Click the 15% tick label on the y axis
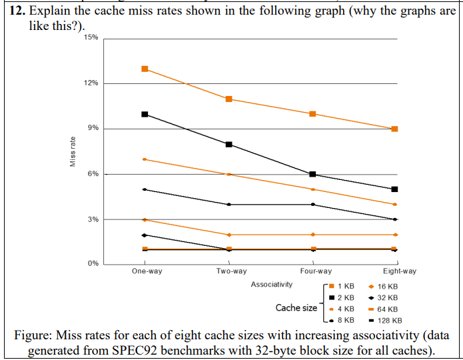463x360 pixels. point(91,37)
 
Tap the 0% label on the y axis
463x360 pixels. point(93,264)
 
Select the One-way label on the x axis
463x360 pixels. point(147,271)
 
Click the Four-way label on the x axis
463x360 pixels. point(315,271)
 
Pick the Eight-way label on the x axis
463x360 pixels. point(400,271)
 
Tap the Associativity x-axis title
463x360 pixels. point(271,285)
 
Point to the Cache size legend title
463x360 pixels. point(296,308)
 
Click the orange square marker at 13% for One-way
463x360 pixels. point(145,69)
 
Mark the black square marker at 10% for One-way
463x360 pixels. point(145,115)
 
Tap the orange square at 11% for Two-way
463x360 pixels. point(229,99)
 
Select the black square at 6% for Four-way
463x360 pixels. point(312,174)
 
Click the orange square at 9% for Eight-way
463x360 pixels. point(395,129)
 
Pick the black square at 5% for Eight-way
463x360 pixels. point(395,189)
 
